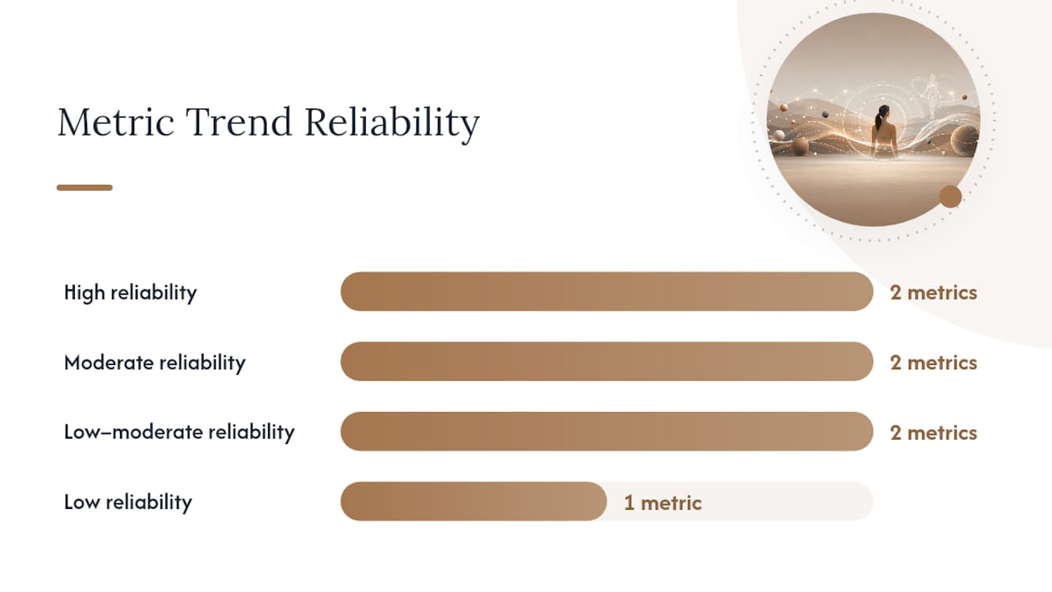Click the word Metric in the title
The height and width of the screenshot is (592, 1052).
(x=116, y=122)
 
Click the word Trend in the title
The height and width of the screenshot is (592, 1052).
(x=239, y=122)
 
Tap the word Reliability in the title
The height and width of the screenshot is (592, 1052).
(x=392, y=123)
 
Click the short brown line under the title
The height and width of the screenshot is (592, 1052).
(x=85, y=187)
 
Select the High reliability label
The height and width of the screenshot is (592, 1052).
(x=131, y=293)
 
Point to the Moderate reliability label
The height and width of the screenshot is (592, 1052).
(x=155, y=363)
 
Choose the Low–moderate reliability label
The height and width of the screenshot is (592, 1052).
(x=179, y=432)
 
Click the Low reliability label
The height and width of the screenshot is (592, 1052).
(x=128, y=502)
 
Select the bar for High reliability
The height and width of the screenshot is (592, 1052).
(x=607, y=291)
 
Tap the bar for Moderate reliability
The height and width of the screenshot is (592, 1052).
(x=607, y=361)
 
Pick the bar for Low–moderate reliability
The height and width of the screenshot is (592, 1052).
(x=607, y=432)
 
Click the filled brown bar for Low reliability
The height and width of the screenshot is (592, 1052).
(x=473, y=502)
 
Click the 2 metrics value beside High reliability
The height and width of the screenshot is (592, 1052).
(x=934, y=293)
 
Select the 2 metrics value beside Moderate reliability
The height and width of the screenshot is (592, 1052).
(x=934, y=363)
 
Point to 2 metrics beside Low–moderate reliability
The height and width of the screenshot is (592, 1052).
(x=934, y=432)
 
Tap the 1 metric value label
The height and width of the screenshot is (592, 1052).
(x=662, y=503)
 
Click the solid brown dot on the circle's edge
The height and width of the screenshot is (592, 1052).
(x=951, y=197)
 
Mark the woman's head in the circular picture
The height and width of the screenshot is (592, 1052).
(x=884, y=112)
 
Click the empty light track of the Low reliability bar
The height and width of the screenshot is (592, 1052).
(x=741, y=502)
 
